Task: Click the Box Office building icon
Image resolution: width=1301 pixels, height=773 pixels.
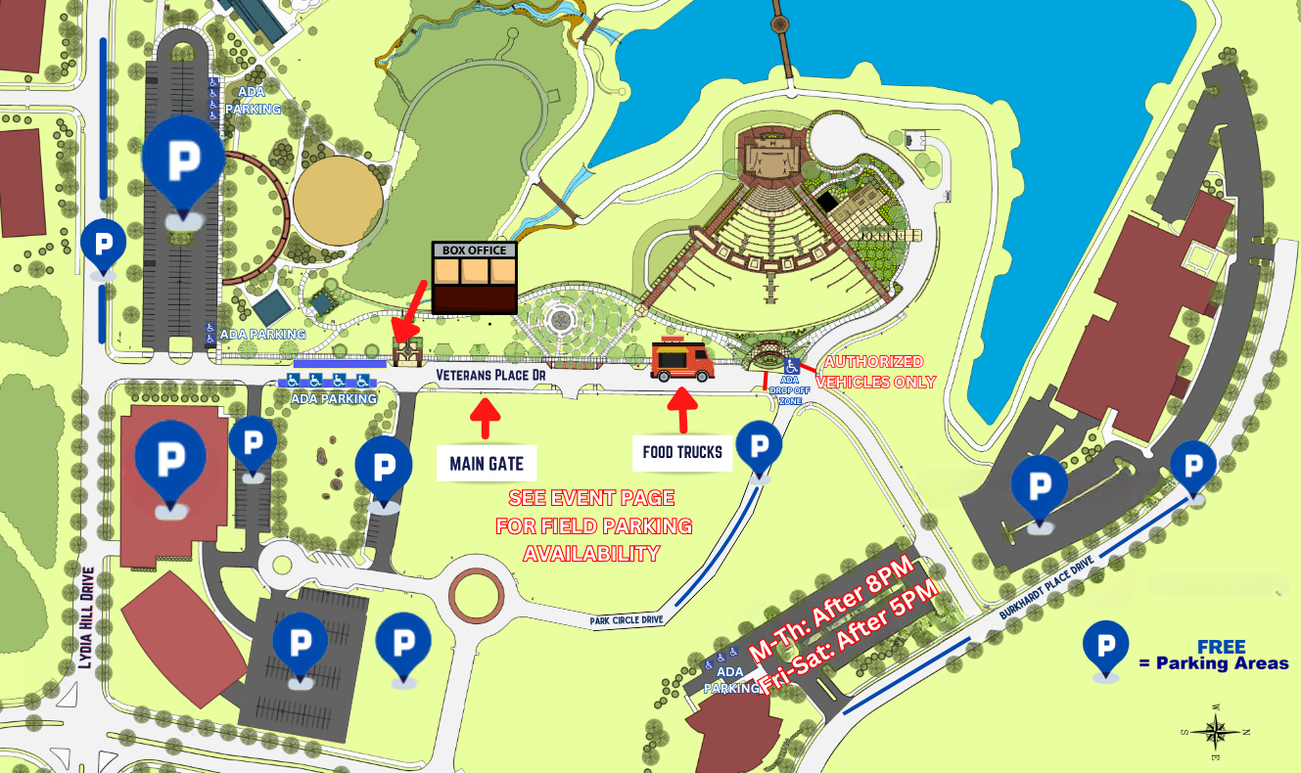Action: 475,278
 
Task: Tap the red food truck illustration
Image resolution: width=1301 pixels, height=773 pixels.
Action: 682,359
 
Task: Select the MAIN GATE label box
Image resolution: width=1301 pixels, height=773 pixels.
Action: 487,463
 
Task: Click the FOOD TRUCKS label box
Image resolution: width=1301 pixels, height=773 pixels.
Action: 681,452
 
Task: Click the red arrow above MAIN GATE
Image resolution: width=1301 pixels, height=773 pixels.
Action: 486,415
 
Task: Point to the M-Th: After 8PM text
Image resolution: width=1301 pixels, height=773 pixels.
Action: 830,607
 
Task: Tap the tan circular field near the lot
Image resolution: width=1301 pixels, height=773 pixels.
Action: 338,200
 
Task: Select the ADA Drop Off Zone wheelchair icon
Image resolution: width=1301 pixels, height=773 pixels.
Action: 790,365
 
